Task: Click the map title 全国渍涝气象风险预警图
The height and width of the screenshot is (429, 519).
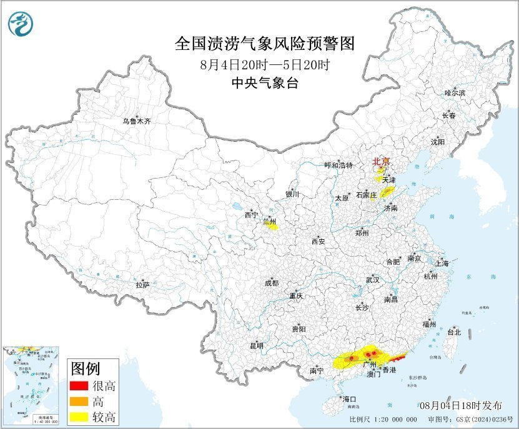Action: tap(265, 44)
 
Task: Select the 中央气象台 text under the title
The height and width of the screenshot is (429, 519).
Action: tap(264, 82)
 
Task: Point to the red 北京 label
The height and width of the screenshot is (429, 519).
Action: tap(380, 162)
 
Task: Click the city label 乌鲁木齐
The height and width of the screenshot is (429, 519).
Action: tap(136, 121)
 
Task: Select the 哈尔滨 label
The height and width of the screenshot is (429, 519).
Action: tap(455, 92)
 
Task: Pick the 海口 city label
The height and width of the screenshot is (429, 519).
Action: tap(348, 399)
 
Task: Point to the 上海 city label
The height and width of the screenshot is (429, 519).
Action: tap(442, 263)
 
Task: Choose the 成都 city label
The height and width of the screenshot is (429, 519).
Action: tap(272, 283)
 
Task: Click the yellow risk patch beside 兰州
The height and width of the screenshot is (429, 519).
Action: tap(272, 226)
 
